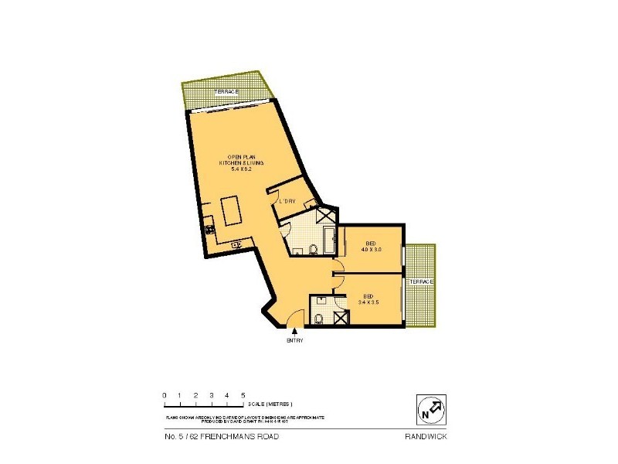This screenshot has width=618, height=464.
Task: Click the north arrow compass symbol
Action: pyautogui.click(x=431, y=409)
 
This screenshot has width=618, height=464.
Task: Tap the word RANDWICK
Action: pyautogui.click(x=426, y=437)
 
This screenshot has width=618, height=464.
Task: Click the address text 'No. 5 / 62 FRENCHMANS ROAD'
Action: pyautogui.click(x=222, y=437)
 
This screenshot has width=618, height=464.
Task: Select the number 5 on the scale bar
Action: pyautogui.click(x=243, y=395)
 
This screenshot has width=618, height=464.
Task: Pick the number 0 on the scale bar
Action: pyautogui.click(x=164, y=395)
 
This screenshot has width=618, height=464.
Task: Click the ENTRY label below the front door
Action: pyautogui.click(x=294, y=341)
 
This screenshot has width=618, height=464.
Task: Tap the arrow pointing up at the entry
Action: pyautogui.click(x=294, y=332)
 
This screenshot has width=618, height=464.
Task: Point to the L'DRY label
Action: pyautogui.click(x=287, y=202)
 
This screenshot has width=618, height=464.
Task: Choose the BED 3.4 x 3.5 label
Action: pyautogui.click(x=370, y=299)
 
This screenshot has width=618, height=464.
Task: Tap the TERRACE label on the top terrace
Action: pyautogui.click(x=226, y=92)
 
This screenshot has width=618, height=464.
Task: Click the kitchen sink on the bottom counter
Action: pyautogui.click(x=235, y=245)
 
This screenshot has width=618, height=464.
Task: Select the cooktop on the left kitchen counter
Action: pyautogui.click(x=209, y=229)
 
